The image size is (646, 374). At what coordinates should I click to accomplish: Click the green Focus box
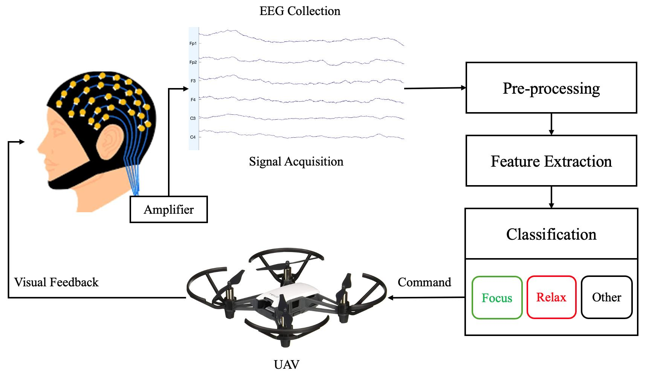[497, 298]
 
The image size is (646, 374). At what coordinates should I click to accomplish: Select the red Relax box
[551, 297]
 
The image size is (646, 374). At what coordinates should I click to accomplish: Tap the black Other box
[606, 297]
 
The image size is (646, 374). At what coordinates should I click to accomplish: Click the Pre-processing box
[551, 88]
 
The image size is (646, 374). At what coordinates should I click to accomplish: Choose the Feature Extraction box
[551, 161]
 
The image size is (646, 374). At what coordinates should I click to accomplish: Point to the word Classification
[551, 234]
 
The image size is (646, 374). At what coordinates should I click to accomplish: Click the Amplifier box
[168, 209]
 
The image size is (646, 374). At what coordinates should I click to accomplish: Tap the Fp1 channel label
[193, 44]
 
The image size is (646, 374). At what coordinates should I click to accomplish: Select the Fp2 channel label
[193, 62]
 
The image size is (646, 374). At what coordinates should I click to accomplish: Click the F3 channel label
[193, 81]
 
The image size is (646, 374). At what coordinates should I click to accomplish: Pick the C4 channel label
[193, 137]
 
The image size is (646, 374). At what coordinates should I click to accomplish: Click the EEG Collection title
[300, 11]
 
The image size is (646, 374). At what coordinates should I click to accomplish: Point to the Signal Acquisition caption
[296, 161]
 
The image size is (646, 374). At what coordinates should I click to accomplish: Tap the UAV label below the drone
[286, 364]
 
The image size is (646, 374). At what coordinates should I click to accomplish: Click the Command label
[424, 282]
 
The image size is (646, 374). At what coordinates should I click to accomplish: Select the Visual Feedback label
[56, 282]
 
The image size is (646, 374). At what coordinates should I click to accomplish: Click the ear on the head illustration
[110, 142]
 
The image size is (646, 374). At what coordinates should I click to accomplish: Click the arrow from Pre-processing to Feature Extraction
[551, 124]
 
